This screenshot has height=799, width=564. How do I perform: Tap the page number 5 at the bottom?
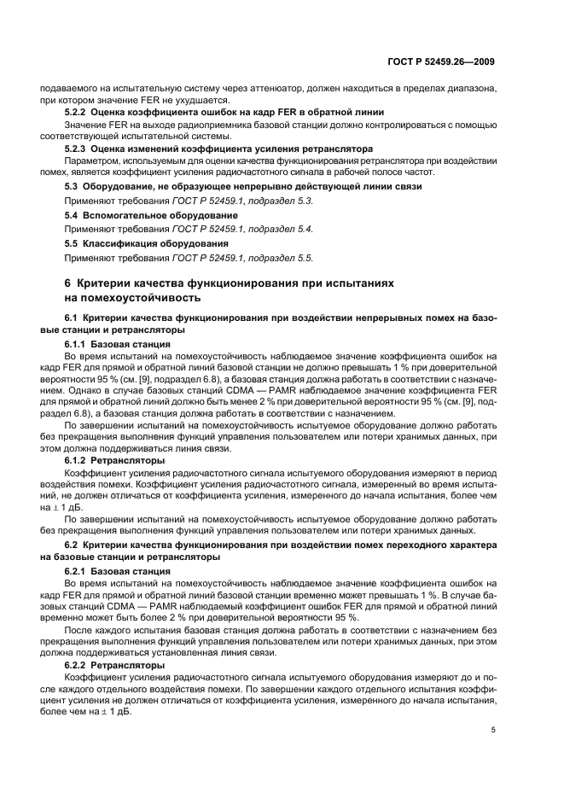pos(493,730)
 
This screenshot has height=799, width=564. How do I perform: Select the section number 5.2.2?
pos(79,113)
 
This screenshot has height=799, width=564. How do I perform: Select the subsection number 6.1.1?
pos(79,342)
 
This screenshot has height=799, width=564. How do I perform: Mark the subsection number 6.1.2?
pos(79,460)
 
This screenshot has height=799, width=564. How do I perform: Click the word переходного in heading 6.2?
pos(400,544)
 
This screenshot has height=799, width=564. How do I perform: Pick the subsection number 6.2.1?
pos(79,569)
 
